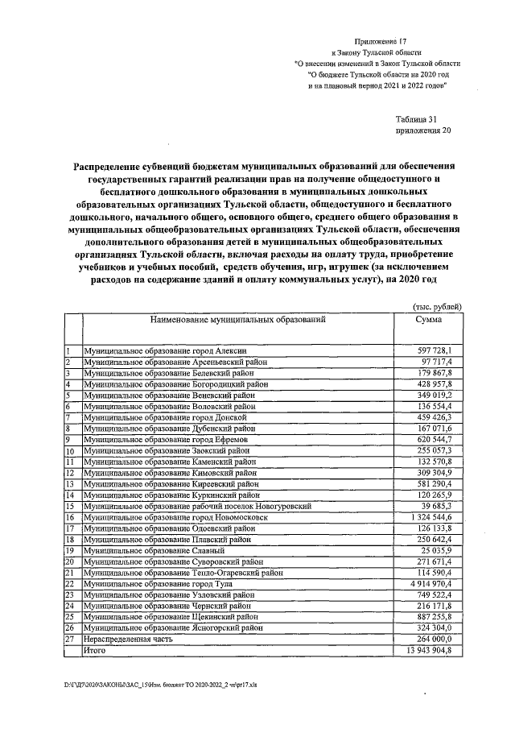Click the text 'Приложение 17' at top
[x=381, y=39]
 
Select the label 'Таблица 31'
[x=419, y=118]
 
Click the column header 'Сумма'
[x=427, y=320]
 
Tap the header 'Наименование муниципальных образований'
[x=237, y=320]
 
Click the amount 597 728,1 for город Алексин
[x=435, y=351]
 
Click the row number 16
[x=70, y=517]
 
